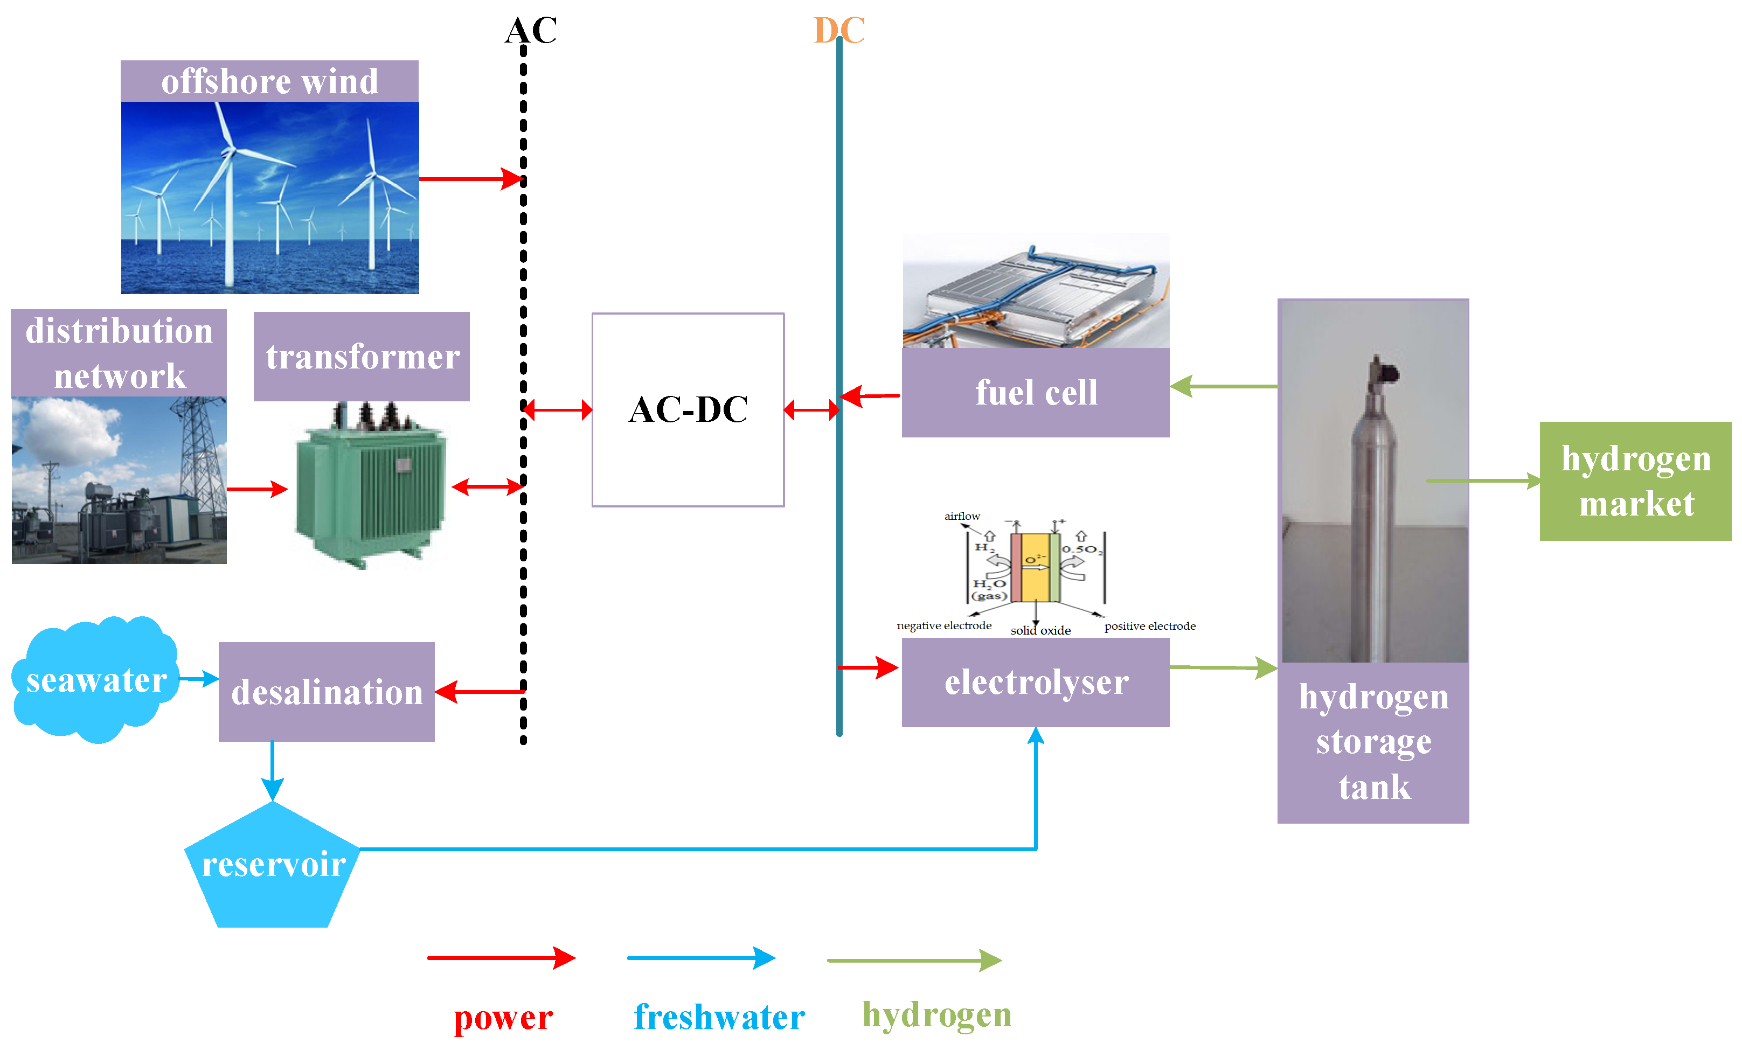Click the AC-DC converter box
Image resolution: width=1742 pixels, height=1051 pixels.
click(688, 410)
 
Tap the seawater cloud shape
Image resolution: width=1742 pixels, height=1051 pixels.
click(95, 680)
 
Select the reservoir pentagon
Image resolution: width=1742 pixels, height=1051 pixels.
click(273, 869)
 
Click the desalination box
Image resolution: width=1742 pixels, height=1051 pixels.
click(327, 692)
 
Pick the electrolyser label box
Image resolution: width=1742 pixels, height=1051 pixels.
click(1036, 683)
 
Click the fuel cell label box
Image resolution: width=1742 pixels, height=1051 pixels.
click(1036, 393)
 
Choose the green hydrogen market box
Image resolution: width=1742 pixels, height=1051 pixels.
click(1635, 481)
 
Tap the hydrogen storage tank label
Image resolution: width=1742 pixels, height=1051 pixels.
click(1373, 742)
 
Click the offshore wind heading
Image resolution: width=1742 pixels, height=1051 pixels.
click(269, 81)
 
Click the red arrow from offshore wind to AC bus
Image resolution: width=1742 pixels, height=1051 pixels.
click(470, 179)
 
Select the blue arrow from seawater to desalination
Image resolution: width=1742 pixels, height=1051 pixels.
click(199, 679)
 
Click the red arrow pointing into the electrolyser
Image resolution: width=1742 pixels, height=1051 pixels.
click(868, 667)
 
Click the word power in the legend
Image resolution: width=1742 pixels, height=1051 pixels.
click(503, 1018)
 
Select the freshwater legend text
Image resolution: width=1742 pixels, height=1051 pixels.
click(719, 1018)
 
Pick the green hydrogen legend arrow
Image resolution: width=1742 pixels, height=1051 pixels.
click(914, 960)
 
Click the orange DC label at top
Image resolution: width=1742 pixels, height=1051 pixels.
click(838, 30)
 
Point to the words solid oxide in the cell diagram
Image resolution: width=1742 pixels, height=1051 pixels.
click(1040, 630)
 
